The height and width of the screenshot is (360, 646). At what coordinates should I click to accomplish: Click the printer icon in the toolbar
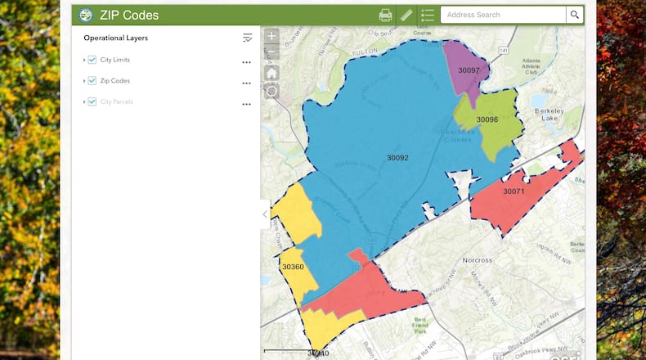[385, 15]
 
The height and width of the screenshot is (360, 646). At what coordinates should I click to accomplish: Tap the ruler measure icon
[406, 15]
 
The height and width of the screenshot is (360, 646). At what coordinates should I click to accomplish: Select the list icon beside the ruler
[427, 15]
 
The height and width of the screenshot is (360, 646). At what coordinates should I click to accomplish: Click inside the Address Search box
[503, 15]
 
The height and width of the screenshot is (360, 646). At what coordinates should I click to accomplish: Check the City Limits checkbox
[92, 60]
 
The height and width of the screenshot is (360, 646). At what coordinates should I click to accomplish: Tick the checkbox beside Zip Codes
[92, 81]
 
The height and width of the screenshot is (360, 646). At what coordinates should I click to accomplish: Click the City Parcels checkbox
[92, 101]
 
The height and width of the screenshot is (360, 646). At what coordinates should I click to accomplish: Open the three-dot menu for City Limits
[246, 62]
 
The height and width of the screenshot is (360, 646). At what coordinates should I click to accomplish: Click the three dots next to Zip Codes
[246, 83]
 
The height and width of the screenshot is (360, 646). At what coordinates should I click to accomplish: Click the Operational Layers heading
[115, 38]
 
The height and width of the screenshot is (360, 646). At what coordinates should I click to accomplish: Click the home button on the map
[271, 72]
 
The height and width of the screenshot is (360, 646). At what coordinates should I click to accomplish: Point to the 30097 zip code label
[469, 70]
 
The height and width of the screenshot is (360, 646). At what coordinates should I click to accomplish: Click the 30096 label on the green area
[487, 119]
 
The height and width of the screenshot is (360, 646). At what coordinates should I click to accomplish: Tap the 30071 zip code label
[514, 191]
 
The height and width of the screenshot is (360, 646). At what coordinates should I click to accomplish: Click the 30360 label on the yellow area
[293, 267]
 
